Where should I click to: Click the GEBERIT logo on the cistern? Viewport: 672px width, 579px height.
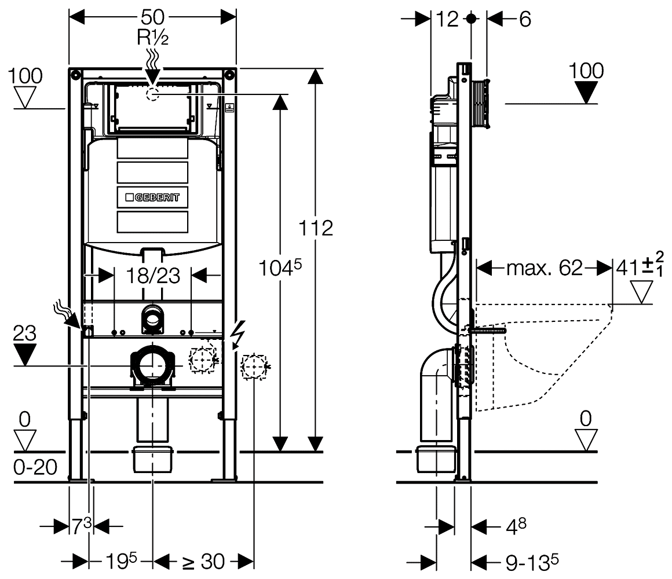[x=153, y=197]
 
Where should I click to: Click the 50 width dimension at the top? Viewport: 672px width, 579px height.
[x=152, y=17]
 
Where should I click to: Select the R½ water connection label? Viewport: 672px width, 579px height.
[x=152, y=38]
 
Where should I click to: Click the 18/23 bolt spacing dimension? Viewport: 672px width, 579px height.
[x=153, y=275]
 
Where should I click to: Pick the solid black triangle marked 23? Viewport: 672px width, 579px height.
[x=24, y=354]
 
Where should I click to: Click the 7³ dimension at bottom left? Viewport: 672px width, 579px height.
[x=81, y=526]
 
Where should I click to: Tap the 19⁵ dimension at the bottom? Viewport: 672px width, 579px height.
[x=121, y=561]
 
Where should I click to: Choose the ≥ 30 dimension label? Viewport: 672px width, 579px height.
[x=203, y=561]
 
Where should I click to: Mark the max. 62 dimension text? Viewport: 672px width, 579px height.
[x=544, y=268]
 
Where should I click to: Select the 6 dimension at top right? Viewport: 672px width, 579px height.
[x=525, y=19]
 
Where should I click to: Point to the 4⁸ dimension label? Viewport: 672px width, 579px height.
[x=515, y=526]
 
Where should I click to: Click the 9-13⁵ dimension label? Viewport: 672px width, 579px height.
[x=531, y=561]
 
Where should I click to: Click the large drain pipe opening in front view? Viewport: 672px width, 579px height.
[x=154, y=365]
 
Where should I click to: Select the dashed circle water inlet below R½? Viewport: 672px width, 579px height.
[x=152, y=94]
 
